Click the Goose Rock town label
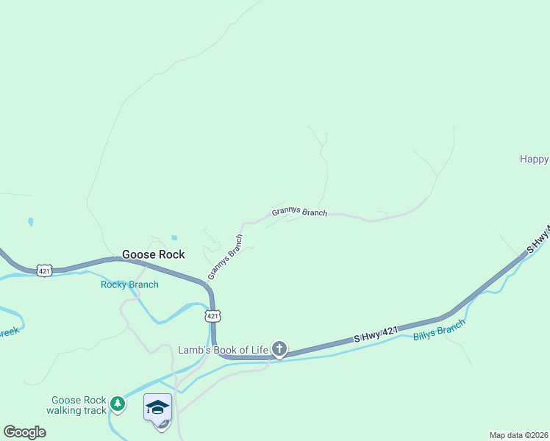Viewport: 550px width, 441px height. coord(153,254)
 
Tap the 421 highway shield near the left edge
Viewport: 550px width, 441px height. coord(45,271)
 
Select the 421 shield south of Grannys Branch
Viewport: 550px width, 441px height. coord(212,316)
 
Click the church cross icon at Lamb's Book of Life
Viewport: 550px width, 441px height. coord(279,349)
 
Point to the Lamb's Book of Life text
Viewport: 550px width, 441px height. coord(224,350)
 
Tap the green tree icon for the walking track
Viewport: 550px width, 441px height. coord(118,404)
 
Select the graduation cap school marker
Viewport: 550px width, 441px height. coord(157,407)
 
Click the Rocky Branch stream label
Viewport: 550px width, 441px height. coord(129,284)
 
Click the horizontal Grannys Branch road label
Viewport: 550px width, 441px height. coord(299,212)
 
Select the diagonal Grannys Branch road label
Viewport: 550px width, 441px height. coord(225,257)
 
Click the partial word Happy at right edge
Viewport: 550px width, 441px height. coord(535,159)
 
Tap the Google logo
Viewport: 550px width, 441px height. coord(24,432)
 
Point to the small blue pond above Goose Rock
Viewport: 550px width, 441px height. coord(174,237)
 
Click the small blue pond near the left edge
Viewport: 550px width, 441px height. coord(30,220)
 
